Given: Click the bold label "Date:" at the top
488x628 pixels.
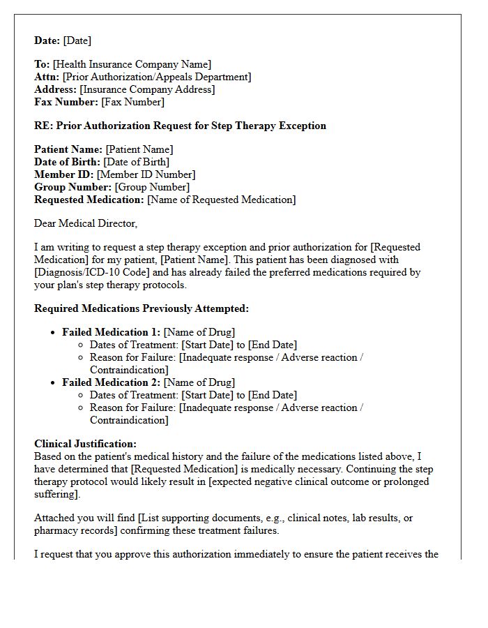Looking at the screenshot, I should click(47, 40).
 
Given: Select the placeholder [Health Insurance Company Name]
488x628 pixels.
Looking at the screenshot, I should click(132, 65).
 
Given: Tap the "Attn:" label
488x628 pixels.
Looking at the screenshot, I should click(47, 77).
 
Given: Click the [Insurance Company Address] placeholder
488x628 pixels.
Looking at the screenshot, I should click(147, 90).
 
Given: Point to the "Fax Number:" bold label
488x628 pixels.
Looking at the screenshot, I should click(66, 103).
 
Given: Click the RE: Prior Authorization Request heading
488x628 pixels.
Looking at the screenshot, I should click(180, 126).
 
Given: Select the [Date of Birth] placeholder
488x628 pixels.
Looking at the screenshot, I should click(136, 163).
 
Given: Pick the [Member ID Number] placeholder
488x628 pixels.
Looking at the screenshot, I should click(146, 175).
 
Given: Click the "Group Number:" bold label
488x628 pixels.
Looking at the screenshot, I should click(73, 188).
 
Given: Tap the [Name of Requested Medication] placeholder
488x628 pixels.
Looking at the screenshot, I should click(221, 200).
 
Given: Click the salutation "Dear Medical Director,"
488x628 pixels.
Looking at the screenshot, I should click(86, 224).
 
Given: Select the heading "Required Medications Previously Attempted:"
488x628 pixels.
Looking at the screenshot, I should click(142, 308).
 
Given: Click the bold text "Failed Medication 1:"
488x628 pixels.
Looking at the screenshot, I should click(111, 332).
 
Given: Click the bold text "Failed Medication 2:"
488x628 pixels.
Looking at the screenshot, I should click(111, 382).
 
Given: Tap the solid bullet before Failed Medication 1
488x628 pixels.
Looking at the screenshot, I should click(53, 333).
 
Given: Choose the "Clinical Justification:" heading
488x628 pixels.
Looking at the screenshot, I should click(85, 444).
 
